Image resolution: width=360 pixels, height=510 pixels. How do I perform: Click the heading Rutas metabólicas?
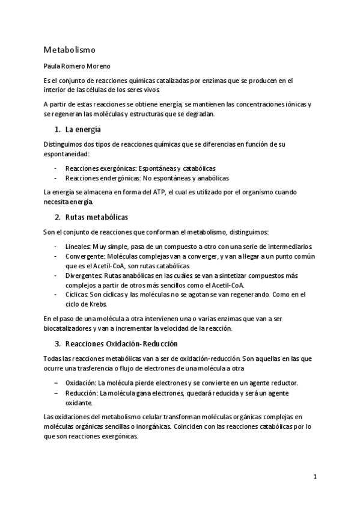tap(96, 217)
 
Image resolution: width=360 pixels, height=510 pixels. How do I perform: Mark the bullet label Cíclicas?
tap(76, 294)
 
